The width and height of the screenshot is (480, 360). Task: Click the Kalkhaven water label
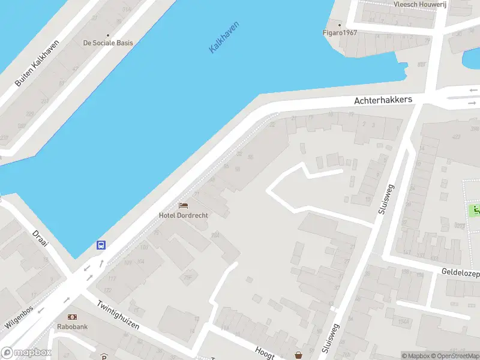tap(224, 37)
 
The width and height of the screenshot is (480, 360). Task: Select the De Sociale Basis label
tap(108, 43)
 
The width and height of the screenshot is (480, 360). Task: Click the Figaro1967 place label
tap(340, 32)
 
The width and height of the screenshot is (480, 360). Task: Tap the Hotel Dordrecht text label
tap(183, 215)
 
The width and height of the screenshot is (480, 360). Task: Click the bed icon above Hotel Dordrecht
tap(183, 206)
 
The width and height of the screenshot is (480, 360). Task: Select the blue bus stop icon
tap(101, 245)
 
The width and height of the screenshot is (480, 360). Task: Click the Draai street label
tap(40, 239)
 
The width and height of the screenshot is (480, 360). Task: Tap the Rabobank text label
tap(73, 327)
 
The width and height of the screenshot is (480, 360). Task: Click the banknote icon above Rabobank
tap(73, 317)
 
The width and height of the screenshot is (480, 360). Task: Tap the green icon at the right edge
tap(474, 211)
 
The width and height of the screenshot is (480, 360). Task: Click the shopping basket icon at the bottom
tap(299, 355)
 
